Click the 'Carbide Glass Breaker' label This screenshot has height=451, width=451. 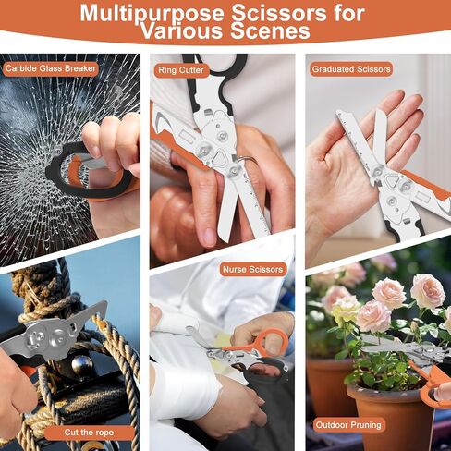(51, 68)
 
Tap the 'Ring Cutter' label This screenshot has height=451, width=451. (181, 70)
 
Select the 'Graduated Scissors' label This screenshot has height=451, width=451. (351, 69)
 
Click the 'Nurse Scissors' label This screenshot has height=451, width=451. (252, 270)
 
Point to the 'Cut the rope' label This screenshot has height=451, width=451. (89, 433)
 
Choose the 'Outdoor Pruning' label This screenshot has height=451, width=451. (348, 425)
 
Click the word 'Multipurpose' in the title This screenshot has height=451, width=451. (152, 14)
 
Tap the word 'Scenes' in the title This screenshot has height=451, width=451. (270, 31)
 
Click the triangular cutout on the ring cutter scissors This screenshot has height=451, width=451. (220, 158)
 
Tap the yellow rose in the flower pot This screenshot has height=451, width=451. (346, 311)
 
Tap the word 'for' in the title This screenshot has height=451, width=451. (348, 14)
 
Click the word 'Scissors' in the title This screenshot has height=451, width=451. (279, 14)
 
